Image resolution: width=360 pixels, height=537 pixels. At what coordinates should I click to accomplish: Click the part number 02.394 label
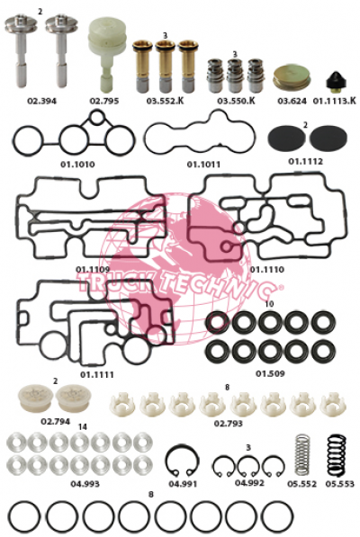(41, 101)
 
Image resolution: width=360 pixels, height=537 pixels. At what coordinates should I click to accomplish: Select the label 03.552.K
(165, 101)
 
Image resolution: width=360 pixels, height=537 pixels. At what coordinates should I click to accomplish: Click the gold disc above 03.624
(292, 78)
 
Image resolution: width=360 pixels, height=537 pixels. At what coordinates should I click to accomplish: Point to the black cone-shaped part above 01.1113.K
(336, 82)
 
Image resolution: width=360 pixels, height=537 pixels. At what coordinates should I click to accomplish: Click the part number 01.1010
(77, 165)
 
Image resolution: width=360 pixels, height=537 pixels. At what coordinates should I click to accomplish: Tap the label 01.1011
(203, 165)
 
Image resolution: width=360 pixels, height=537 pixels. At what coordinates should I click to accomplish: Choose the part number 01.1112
(305, 161)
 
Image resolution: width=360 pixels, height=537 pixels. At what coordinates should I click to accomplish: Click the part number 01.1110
(266, 270)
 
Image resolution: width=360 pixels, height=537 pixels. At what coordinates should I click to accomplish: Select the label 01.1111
(97, 375)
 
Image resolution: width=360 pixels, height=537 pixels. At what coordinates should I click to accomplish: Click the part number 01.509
(270, 373)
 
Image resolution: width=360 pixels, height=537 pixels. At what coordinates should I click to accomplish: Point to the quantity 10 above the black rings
(270, 304)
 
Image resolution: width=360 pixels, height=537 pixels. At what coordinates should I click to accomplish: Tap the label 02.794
(56, 421)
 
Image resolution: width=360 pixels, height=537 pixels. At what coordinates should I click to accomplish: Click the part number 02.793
(228, 424)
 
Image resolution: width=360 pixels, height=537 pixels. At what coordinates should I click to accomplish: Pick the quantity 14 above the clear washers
(83, 427)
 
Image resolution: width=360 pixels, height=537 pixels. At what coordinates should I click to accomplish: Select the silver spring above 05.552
(302, 455)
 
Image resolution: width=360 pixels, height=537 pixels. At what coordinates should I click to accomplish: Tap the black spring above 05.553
(337, 455)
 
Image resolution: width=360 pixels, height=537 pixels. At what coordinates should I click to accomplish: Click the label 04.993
(85, 484)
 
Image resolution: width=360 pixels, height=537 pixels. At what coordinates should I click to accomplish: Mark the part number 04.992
(249, 483)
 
